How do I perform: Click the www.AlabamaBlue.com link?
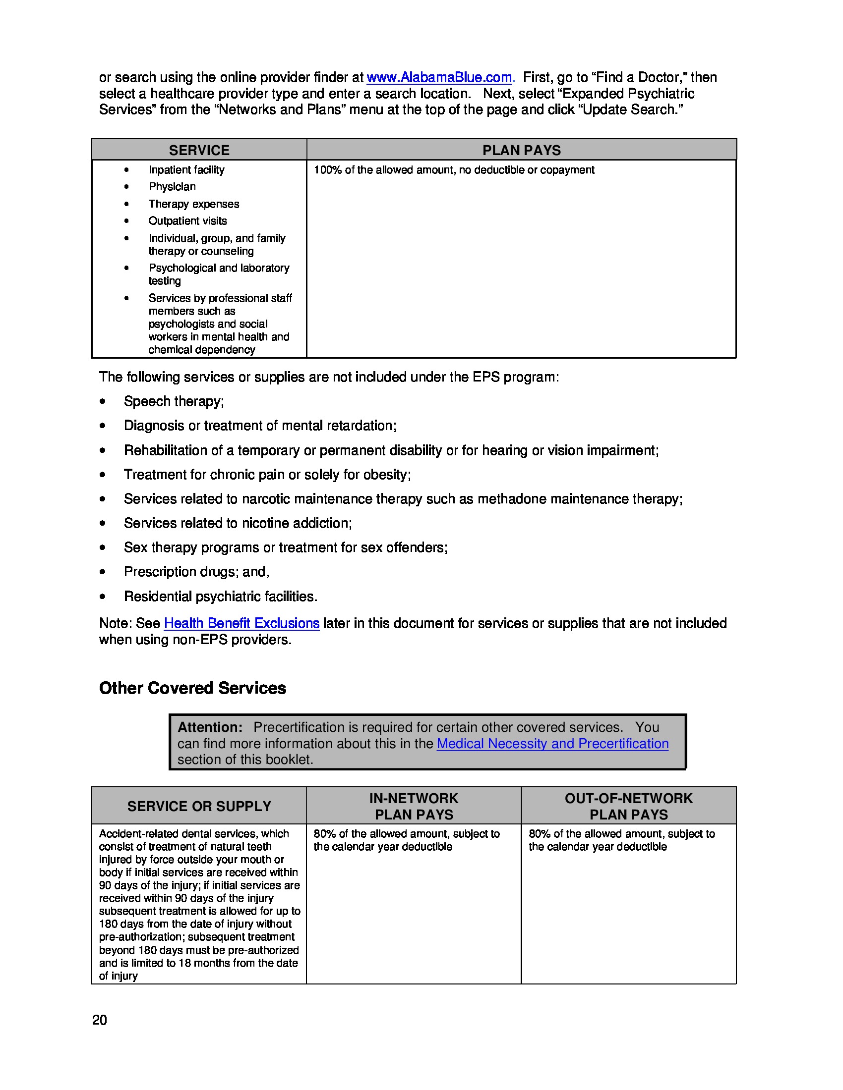(439, 77)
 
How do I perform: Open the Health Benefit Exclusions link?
(241, 623)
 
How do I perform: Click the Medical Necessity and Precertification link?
(552, 743)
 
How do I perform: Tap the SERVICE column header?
(199, 150)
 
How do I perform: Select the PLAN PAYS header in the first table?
(521, 150)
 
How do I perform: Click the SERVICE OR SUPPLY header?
(199, 806)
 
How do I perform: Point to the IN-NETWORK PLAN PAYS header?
(414, 806)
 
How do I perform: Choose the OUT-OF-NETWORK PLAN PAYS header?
(628, 806)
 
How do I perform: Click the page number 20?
(99, 1020)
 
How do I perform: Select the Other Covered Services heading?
(192, 688)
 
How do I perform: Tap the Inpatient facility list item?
(186, 169)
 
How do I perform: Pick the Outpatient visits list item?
(187, 220)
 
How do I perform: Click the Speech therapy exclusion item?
(174, 401)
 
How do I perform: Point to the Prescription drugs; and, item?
(196, 571)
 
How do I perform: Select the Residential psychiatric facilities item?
(220, 596)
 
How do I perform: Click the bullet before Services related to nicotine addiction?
(102, 523)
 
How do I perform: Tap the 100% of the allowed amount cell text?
(453, 169)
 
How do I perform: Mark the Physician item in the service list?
(172, 187)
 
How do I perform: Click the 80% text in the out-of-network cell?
(539, 833)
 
